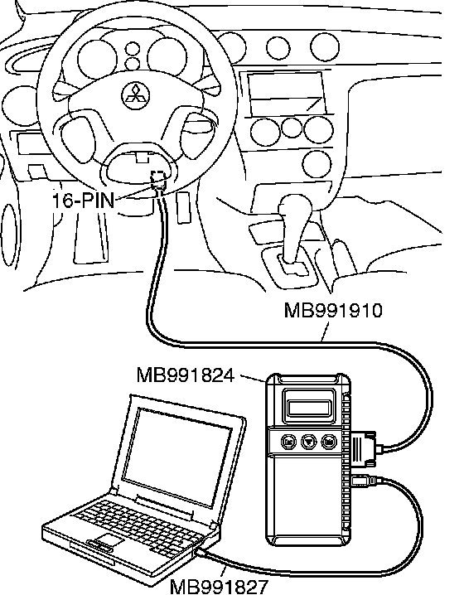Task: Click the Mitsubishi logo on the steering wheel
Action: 135,95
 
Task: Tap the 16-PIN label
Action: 83,200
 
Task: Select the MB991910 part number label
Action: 333,311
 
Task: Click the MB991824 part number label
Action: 186,375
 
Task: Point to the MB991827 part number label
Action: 219,587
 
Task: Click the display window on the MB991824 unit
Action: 310,408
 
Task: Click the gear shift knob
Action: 295,208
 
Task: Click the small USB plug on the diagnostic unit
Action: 363,481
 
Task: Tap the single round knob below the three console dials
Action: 317,164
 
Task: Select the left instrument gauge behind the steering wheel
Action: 97,59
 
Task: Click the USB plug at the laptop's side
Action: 201,553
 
